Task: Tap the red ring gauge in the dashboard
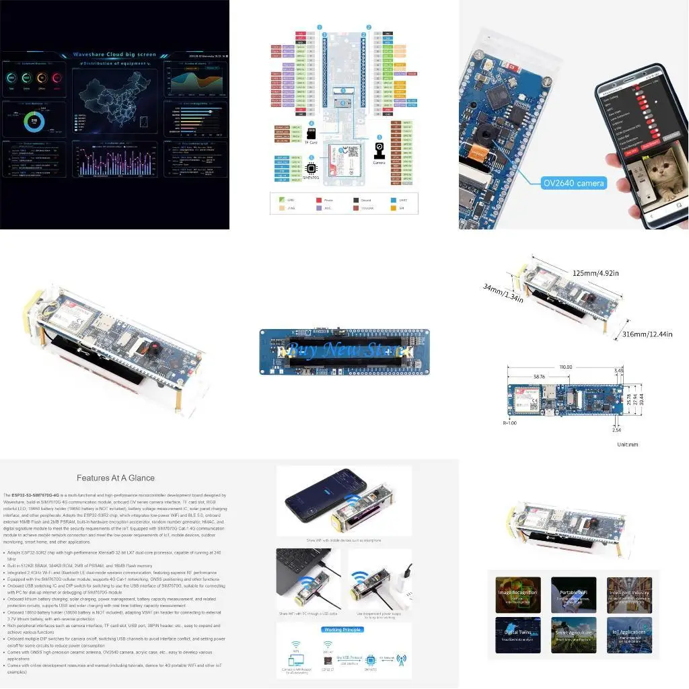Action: click(57, 79)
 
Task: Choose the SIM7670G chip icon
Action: click(312, 168)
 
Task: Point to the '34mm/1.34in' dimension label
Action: click(503, 293)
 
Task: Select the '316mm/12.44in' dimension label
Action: click(647, 334)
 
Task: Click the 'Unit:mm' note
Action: click(628, 445)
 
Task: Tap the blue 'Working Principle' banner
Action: click(344, 630)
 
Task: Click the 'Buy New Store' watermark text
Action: click(344, 351)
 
